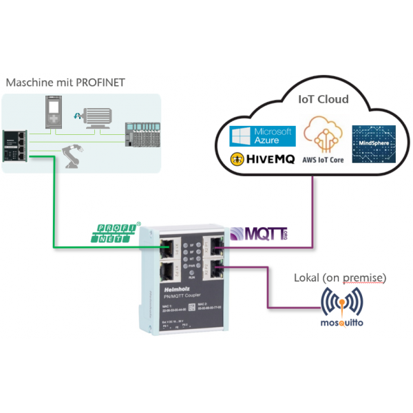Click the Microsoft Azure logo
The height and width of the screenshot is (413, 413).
pyautogui.click(x=254, y=136)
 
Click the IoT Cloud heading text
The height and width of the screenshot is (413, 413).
pyautogui.click(x=323, y=99)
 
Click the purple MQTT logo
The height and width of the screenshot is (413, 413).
pyautogui.click(x=259, y=233)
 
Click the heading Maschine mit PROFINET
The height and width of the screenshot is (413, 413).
pyautogui.click(x=65, y=82)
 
